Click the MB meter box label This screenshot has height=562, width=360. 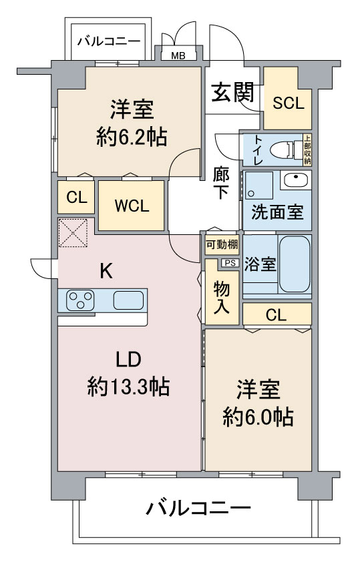point(178,56)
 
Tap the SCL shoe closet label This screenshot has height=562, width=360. point(289,103)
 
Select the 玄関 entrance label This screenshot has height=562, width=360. point(232,92)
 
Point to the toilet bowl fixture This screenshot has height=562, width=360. point(286,150)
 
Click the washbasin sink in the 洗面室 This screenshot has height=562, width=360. point(295,180)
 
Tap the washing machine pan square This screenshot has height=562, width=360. point(259,186)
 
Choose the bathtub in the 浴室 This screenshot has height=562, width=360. point(295,264)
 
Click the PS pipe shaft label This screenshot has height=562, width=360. point(230,263)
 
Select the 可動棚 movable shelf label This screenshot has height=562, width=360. point(222,245)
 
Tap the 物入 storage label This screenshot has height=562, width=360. point(221,298)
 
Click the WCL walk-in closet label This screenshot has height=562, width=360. point(132,206)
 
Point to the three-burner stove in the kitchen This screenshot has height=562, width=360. point(80,300)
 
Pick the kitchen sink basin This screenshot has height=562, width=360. point(128,300)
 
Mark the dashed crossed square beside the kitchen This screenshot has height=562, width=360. point(73,233)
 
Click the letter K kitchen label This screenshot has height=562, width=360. point(106,271)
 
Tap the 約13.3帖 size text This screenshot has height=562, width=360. point(128,386)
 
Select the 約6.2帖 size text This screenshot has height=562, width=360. point(132,137)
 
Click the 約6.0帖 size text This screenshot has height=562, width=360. point(258,417)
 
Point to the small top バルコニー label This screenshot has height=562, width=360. point(109,41)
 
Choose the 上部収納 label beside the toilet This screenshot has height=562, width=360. point(307,150)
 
